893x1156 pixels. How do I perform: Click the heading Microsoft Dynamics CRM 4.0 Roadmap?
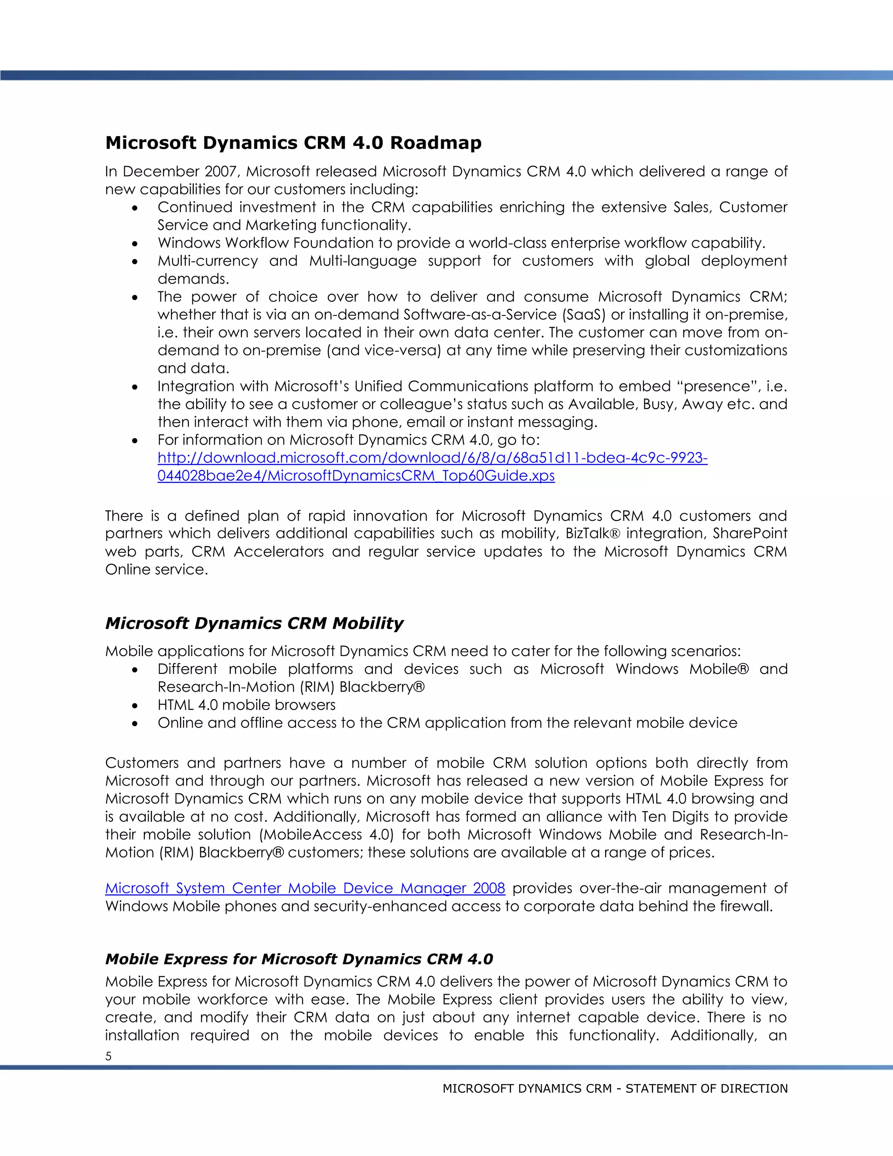tap(293, 143)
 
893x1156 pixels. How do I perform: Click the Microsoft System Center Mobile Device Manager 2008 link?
tap(305, 888)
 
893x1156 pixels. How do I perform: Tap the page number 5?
tap(109, 1057)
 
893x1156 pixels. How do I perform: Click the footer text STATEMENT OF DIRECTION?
tap(706, 1089)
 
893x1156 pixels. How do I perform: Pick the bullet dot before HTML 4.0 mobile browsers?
tap(136, 705)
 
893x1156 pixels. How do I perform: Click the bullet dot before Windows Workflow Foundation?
tap(136, 243)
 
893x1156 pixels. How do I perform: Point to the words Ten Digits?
tap(675, 817)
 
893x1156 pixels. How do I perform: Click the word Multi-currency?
tap(208, 261)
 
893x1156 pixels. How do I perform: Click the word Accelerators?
tap(278, 551)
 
